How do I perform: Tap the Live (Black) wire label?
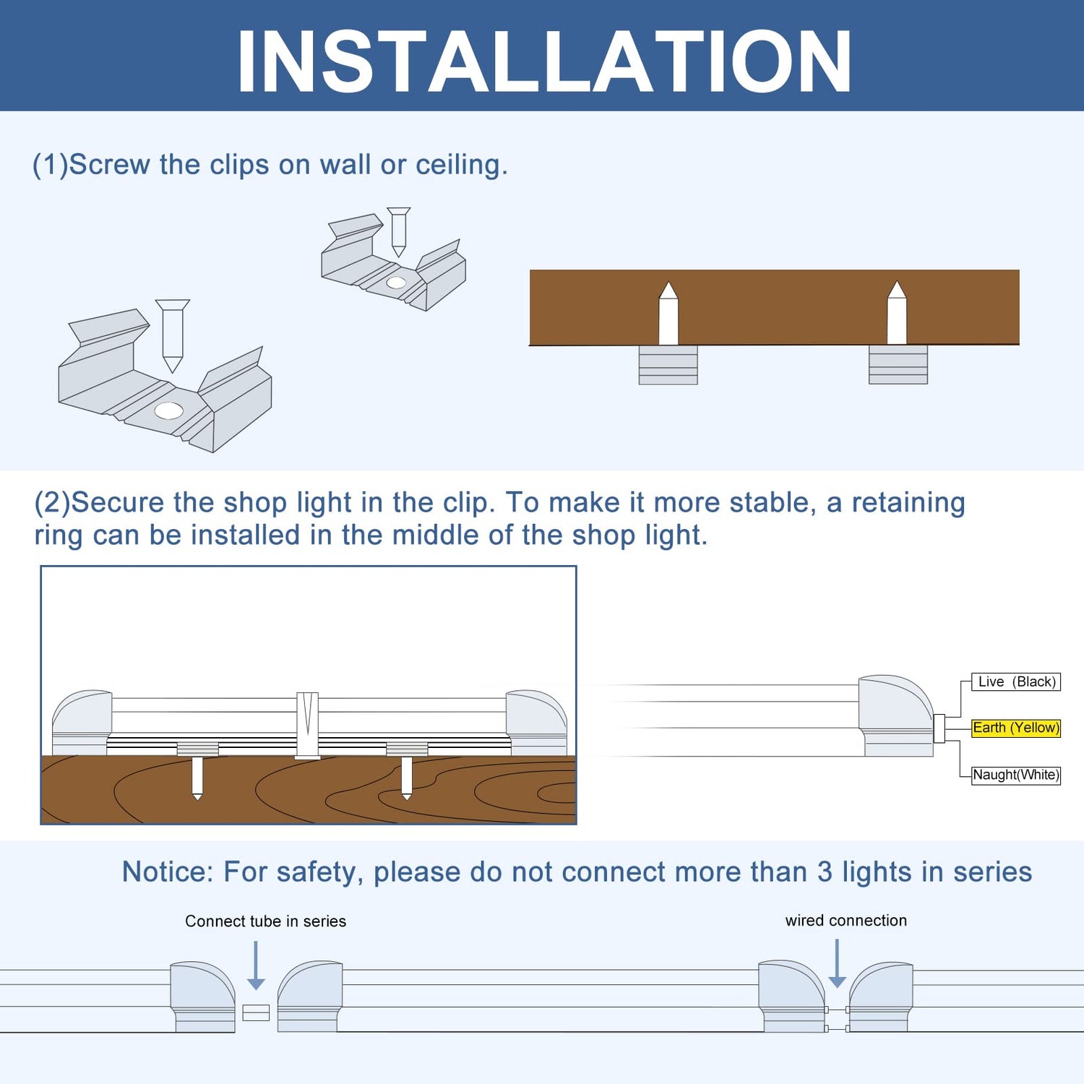coord(1015,681)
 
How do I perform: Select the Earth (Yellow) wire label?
coord(1015,728)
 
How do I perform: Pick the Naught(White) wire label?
coord(1015,775)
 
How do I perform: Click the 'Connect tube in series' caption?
coord(265,921)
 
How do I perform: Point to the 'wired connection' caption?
coord(846,921)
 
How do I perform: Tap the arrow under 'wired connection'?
coord(837,964)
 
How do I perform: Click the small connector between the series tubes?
coord(256,1012)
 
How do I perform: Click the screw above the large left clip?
coord(172,334)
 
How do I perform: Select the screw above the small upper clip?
coord(398,231)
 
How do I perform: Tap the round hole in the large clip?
coord(168,410)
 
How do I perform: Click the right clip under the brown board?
coord(898,365)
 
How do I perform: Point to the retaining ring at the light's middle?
coord(307,725)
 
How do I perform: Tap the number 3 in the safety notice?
coord(825,872)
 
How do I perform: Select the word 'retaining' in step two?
coord(908,502)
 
